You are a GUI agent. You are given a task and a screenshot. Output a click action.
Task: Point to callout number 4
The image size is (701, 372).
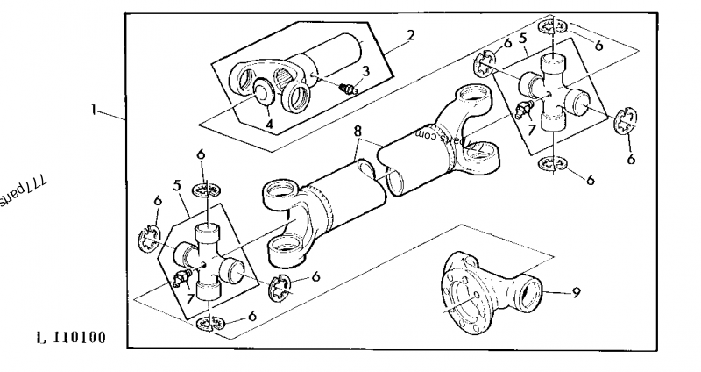click(270, 124)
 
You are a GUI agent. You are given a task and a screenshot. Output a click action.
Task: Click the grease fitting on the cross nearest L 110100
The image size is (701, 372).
click(182, 280)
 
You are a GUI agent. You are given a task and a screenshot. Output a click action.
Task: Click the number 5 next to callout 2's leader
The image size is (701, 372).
click(522, 39)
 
